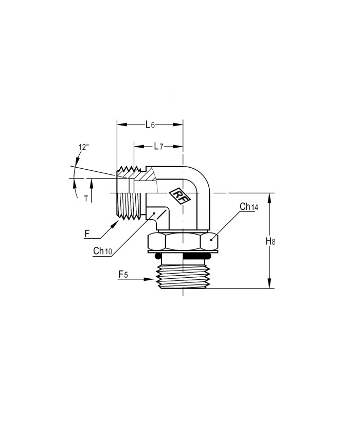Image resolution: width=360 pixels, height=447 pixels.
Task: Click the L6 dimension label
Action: point(150,124)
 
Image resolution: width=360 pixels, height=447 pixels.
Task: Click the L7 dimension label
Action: point(158,147)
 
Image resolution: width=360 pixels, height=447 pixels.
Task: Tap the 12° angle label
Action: point(84,147)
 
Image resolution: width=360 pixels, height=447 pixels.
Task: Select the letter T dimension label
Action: point(86,199)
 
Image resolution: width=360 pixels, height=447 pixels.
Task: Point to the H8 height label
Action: point(271,241)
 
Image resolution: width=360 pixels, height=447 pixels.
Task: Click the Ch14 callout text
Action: point(249,207)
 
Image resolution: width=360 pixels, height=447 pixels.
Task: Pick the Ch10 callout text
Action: point(103,251)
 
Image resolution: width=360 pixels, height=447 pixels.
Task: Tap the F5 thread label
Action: point(123,275)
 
